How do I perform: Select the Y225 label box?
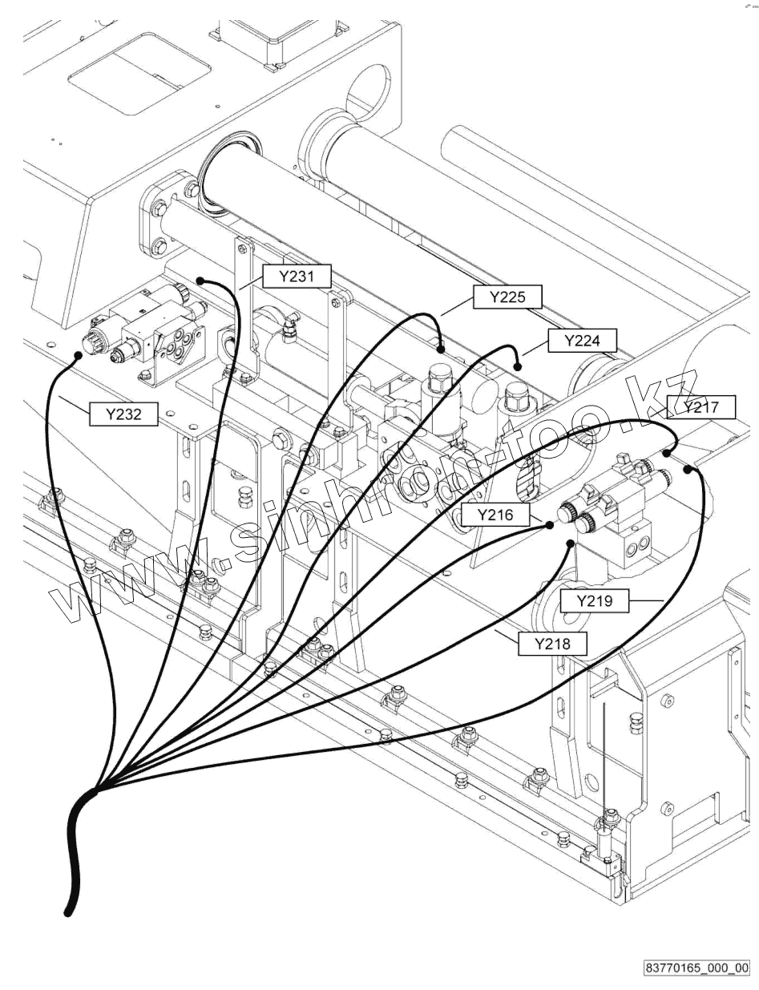tap(507, 297)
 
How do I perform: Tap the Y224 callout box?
tap(582, 341)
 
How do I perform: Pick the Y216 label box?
tap(495, 515)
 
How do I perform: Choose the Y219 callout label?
tap(594, 600)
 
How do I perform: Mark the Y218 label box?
tap(551, 644)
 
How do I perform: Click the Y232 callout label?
tap(123, 414)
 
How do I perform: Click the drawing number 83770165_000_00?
tap(696, 968)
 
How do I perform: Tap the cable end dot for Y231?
tap(200, 281)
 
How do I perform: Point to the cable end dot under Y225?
tap(441, 349)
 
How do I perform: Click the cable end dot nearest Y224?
tap(518, 366)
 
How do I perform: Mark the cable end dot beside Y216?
tap(550, 525)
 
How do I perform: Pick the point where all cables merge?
tap(95, 791)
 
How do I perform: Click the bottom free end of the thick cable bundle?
tap(67, 911)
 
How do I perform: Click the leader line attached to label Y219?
tap(646, 600)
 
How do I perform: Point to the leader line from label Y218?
tap(506, 636)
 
